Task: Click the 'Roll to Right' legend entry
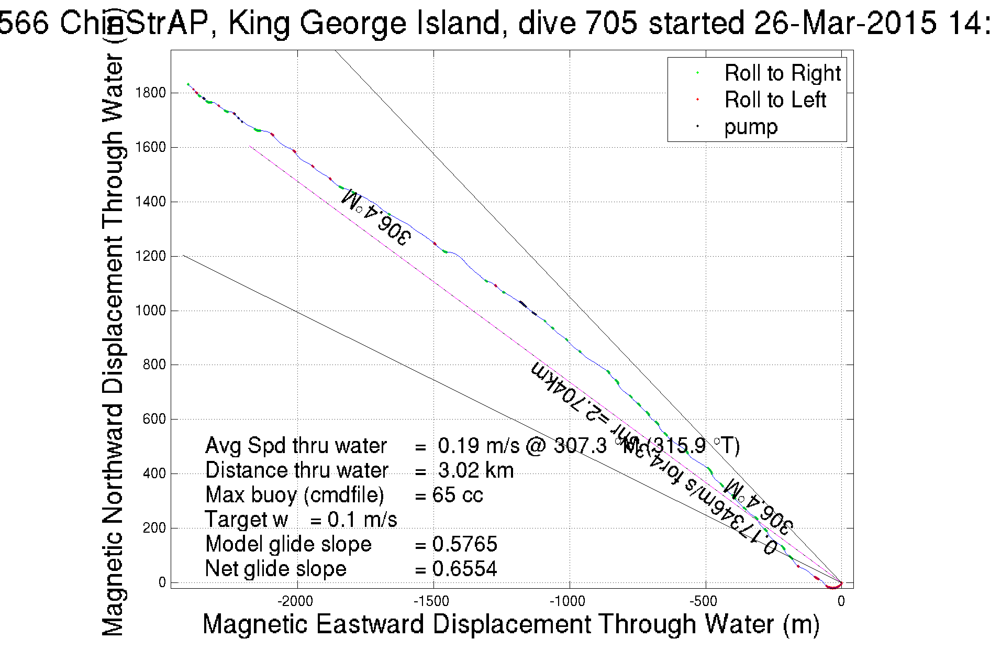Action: click(x=782, y=73)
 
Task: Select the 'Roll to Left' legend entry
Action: click(x=775, y=100)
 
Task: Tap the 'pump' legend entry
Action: click(x=751, y=127)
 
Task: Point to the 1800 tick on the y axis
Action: click(x=150, y=93)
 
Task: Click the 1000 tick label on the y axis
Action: click(x=150, y=311)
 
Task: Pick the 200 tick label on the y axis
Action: click(x=154, y=528)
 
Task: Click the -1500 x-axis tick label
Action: click(x=433, y=601)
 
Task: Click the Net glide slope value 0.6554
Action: click(x=464, y=569)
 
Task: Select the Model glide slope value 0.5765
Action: click(x=464, y=544)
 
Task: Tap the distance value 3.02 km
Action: click(x=475, y=470)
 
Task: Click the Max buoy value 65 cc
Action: click(x=458, y=495)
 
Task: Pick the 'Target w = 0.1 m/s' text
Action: click(x=301, y=520)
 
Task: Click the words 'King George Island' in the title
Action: click(x=364, y=23)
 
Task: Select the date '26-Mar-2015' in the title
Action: click(x=844, y=23)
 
